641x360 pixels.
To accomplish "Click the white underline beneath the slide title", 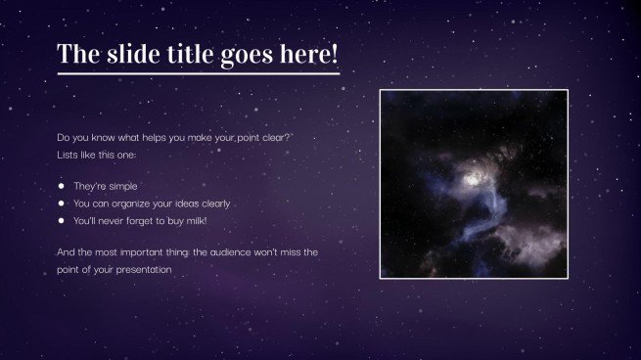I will (199, 72).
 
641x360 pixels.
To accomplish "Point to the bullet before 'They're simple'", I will (61, 186).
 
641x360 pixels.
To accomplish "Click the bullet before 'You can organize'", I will (61, 203).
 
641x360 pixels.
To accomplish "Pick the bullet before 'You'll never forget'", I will (61, 221).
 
